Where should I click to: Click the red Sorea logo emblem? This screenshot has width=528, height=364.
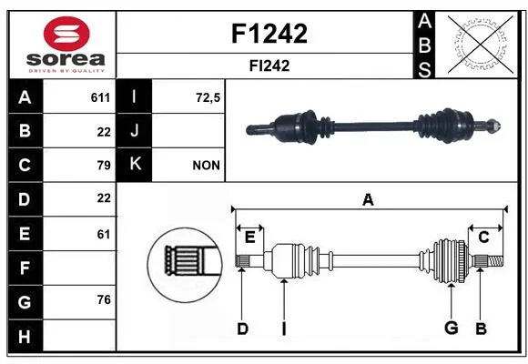click(66, 34)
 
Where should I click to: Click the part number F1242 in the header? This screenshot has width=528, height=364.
click(269, 34)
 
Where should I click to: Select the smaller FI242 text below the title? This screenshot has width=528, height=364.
click(269, 66)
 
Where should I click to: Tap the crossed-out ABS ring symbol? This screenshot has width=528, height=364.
click(481, 45)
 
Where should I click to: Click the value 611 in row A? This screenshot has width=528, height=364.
click(100, 97)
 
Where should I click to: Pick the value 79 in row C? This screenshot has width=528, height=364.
click(104, 166)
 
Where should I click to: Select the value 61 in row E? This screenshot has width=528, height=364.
click(104, 234)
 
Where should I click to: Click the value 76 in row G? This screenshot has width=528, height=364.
click(104, 299)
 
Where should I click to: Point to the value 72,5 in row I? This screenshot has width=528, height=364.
click(208, 98)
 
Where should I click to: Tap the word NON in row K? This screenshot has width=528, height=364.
click(206, 166)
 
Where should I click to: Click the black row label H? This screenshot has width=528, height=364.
click(25, 336)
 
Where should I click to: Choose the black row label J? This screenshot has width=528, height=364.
click(134, 131)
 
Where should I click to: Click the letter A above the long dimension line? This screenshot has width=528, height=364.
click(368, 199)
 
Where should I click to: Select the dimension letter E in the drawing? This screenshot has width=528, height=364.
click(249, 238)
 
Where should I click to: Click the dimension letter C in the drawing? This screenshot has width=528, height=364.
click(483, 238)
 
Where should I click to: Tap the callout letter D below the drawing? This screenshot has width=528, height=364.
click(242, 329)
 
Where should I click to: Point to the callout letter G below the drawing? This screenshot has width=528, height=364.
click(452, 328)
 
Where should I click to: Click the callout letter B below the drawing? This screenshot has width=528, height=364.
click(481, 329)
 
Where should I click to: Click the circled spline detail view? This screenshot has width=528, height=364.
click(185, 265)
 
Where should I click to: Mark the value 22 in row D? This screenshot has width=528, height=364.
click(104, 198)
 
